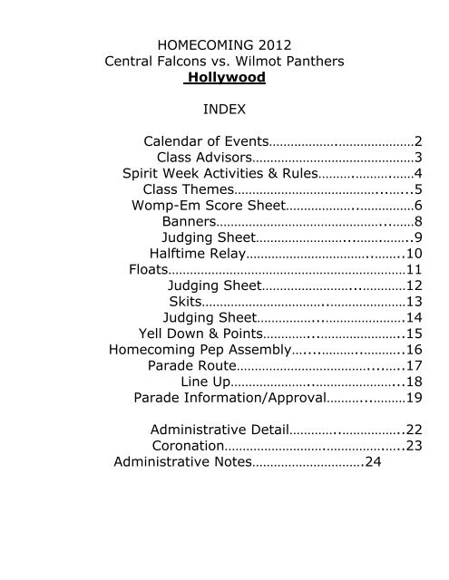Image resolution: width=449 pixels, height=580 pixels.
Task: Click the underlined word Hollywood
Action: point(226,79)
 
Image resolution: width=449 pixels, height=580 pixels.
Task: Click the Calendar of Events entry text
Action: point(206,141)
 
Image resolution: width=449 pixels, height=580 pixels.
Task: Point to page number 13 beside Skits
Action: point(415,302)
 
